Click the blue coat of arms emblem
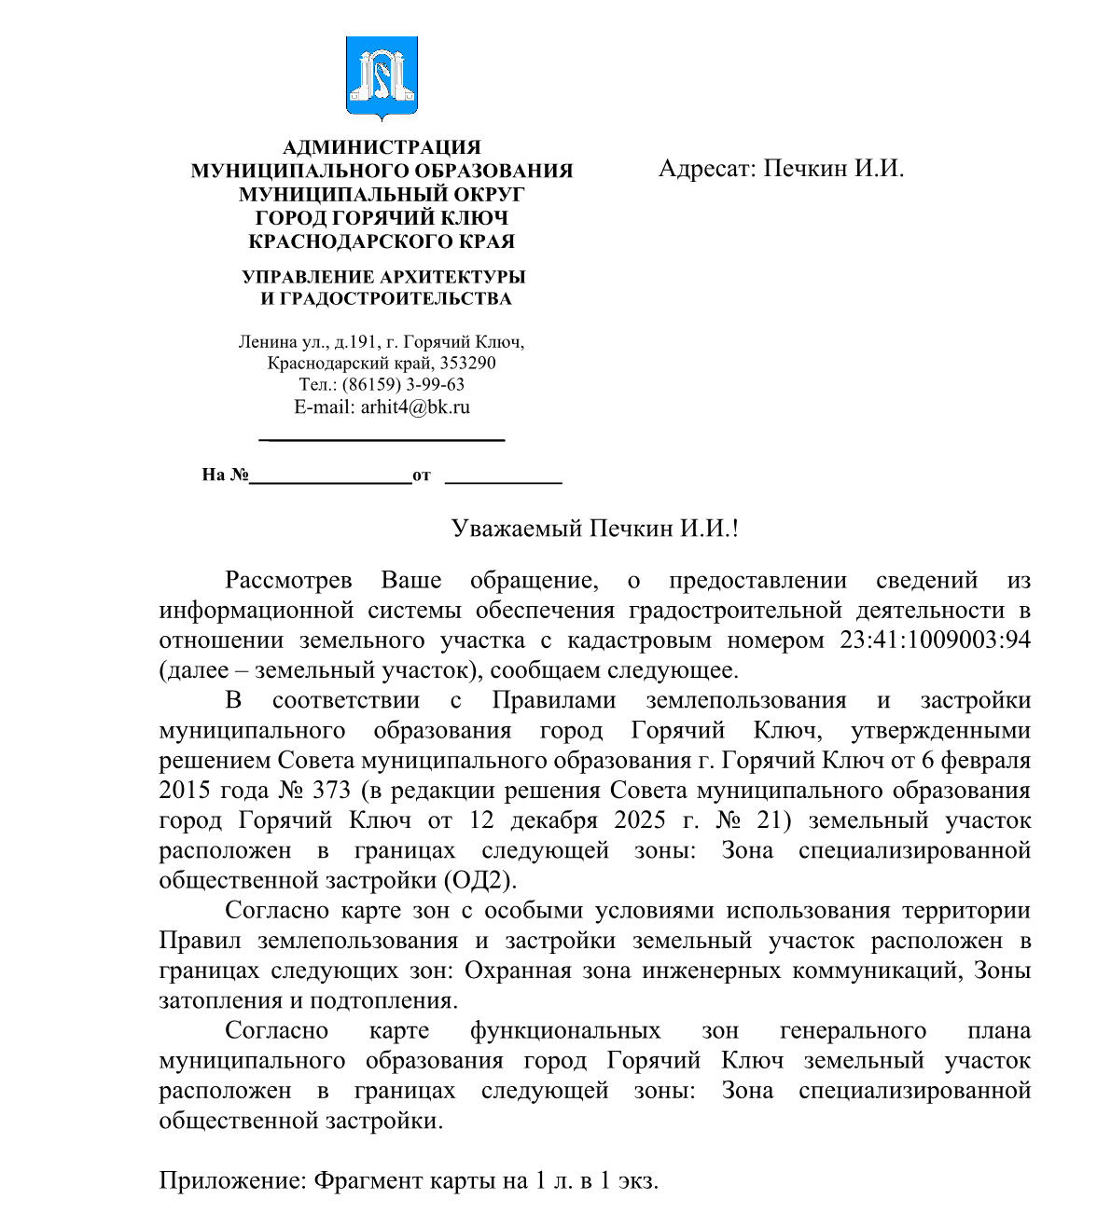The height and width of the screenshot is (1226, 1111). pos(381,76)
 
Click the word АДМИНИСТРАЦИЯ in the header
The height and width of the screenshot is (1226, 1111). pos(382,147)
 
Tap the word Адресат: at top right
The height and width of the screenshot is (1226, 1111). pos(706,169)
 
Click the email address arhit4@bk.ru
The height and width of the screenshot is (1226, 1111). pos(415,406)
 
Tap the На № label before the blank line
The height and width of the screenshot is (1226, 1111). pos(225,475)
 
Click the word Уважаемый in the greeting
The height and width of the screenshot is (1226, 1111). pos(516,529)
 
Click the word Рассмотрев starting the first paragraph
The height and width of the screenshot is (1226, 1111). pos(288,580)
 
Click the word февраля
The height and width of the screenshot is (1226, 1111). pos(988,760)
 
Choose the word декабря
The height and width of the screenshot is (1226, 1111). pos(554,820)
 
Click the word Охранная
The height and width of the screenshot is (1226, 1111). pos(517,971)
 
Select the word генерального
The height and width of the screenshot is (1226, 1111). pos(853,1030)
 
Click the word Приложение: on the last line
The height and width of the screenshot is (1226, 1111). pos(232,1181)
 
